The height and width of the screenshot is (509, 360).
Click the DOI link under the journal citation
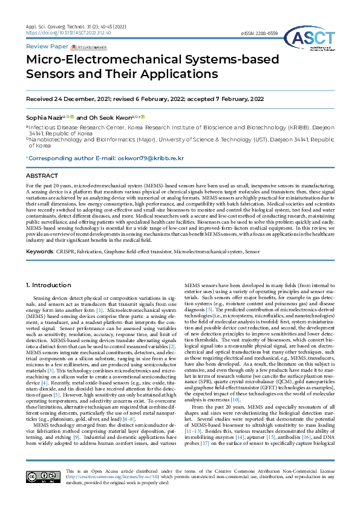pyautogui.click(x=60, y=33)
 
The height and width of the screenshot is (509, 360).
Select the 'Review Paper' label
pyautogui.click(x=46, y=46)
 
